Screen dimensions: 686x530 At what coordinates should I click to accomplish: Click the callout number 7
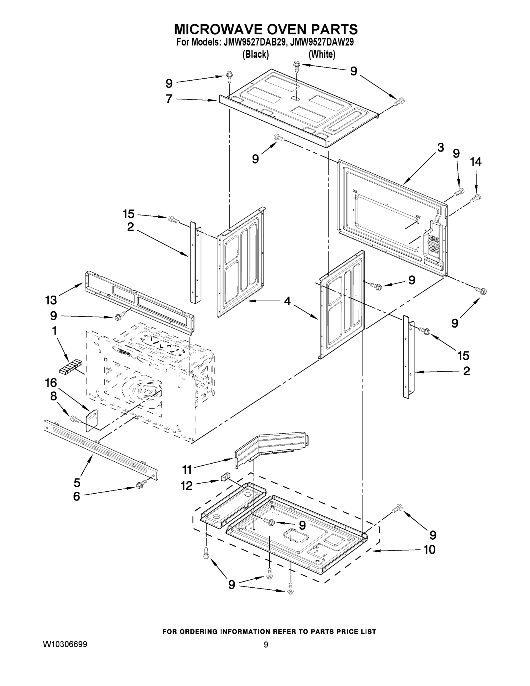(169, 99)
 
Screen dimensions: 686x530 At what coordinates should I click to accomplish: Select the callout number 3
(441, 147)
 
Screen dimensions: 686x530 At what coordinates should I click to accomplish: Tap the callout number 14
(475, 162)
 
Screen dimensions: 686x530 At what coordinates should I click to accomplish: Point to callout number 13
(51, 300)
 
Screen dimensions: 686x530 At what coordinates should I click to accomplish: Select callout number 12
(187, 486)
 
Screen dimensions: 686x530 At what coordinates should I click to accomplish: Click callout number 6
(77, 496)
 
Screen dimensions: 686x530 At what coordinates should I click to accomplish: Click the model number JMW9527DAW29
(322, 42)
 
